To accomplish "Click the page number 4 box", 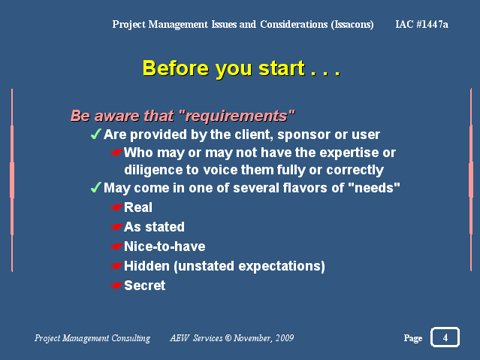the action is click(x=445, y=337).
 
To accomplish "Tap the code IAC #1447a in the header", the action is click(x=422, y=24).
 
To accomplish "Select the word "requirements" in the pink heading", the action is click(x=237, y=116).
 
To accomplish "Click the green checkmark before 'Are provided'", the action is click(x=96, y=134).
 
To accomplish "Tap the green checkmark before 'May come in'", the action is click(x=96, y=187).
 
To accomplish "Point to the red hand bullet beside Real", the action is click(x=116, y=207).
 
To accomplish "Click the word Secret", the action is click(x=144, y=286).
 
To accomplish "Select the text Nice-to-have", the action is click(x=165, y=247).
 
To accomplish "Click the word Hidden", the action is click(x=146, y=266).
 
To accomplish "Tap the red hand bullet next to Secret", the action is click(x=116, y=286).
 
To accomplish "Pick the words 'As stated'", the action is click(x=154, y=227).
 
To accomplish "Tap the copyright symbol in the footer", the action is click(x=228, y=338).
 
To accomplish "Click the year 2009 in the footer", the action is click(x=285, y=338).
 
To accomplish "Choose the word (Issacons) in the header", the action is click(x=352, y=25).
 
